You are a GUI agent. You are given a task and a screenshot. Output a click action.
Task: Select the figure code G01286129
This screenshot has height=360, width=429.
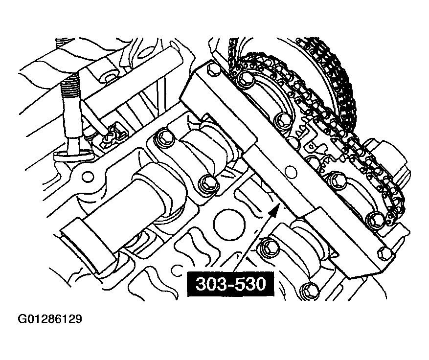click(x=50, y=320)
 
